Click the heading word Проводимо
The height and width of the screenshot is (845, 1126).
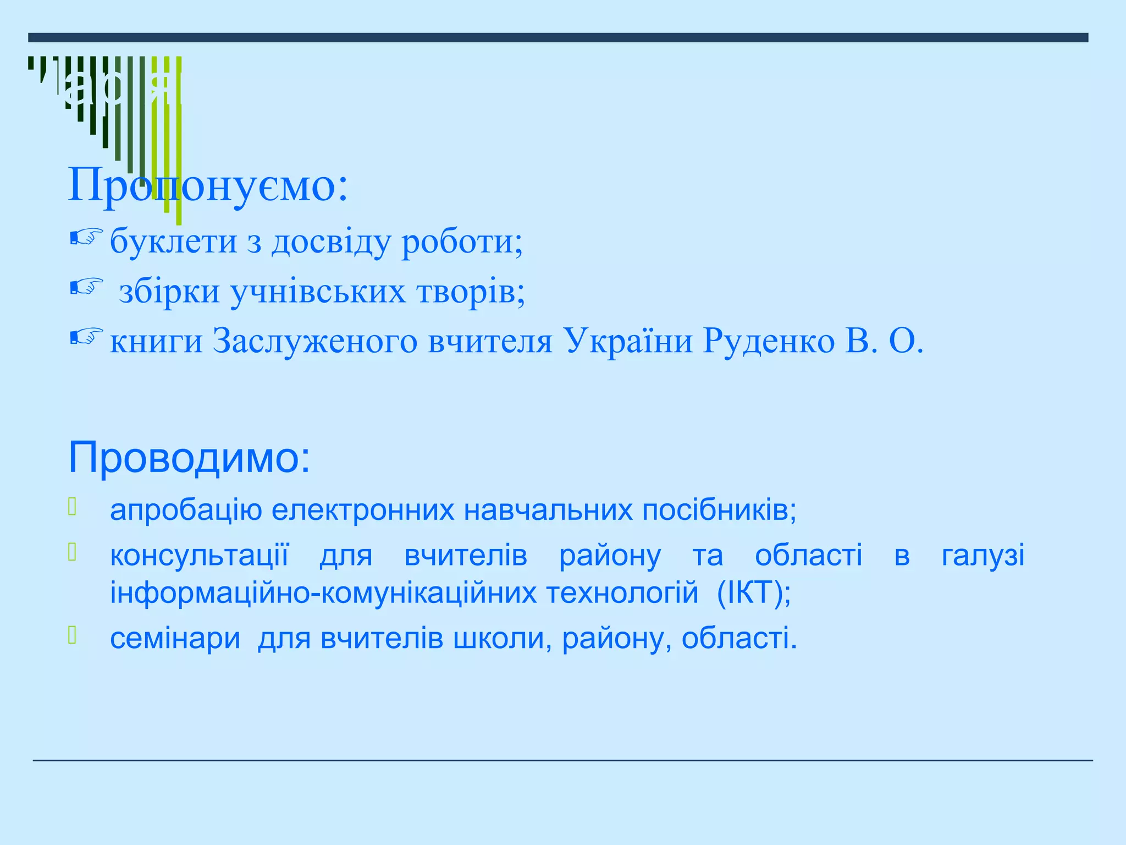tap(189, 458)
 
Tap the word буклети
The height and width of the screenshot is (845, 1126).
tap(173, 242)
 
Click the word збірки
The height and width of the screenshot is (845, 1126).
tap(169, 292)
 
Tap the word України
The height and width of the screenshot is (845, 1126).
tap(628, 342)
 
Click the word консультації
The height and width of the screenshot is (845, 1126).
tap(199, 556)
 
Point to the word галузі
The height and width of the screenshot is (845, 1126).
tap(983, 556)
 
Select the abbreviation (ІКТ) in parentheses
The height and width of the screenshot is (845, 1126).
tap(754, 593)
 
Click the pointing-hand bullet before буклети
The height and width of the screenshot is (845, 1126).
tap(86, 237)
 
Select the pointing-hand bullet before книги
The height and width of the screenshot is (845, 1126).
tap(86, 337)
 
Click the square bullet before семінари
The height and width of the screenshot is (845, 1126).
tap(71, 635)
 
